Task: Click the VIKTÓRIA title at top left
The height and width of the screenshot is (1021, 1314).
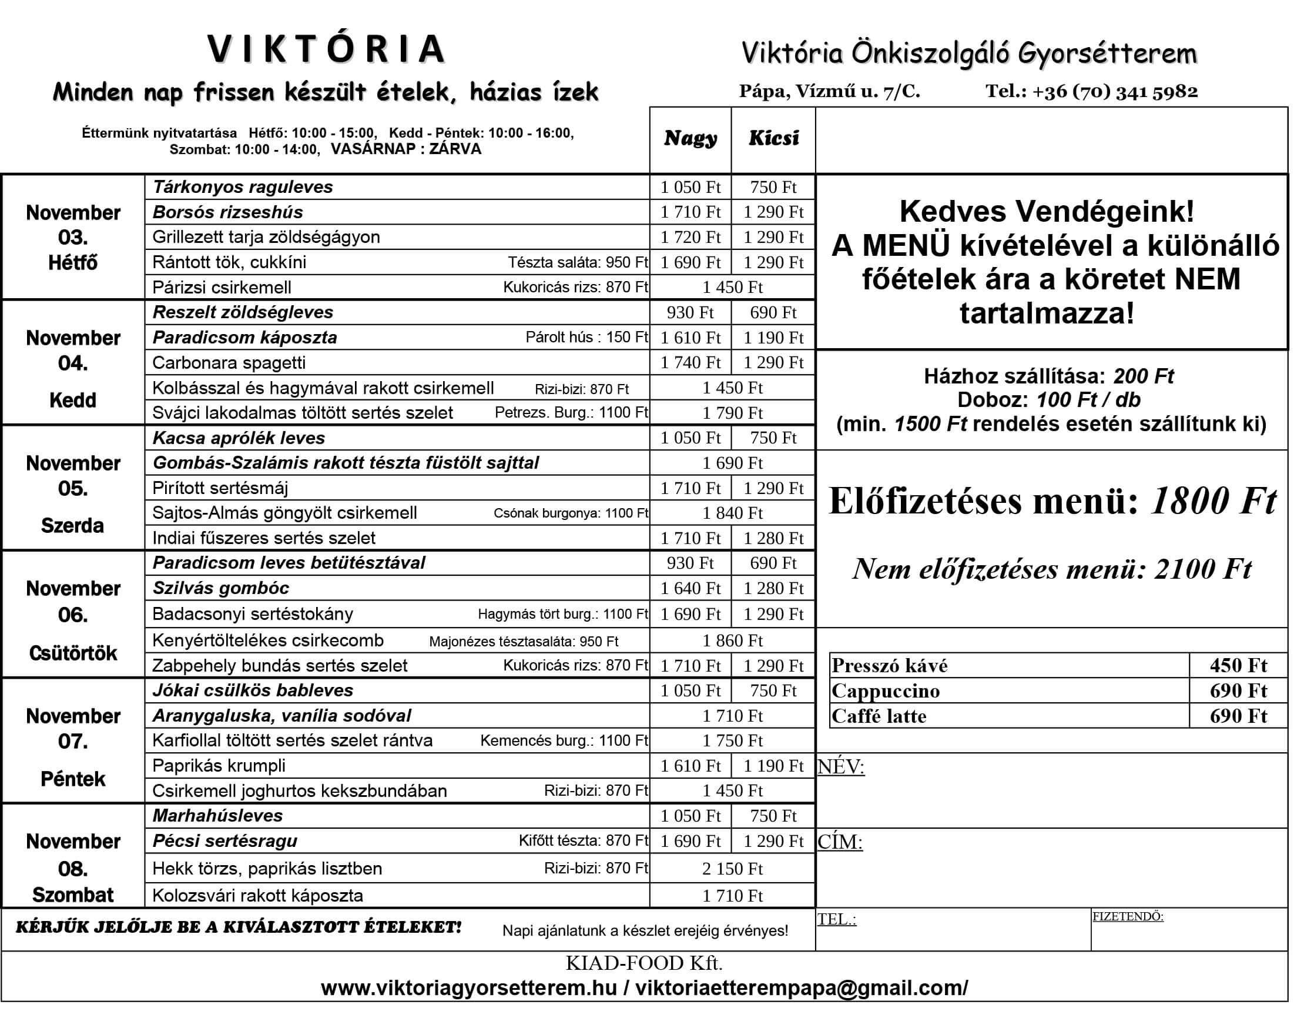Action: pyautogui.click(x=326, y=49)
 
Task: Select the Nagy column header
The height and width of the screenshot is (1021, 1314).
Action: pyautogui.click(x=690, y=138)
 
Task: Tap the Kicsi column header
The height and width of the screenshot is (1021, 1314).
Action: pyautogui.click(x=773, y=138)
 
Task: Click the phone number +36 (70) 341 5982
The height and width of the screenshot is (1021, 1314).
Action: pyautogui.click(x=1115, y=92)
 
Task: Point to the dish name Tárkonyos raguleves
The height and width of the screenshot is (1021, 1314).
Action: pyautogui.click(x=243, y=187)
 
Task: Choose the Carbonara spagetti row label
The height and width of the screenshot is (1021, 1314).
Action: pyautogui.click(x=229, y=363)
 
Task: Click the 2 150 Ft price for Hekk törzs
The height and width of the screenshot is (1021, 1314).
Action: pyautogui.click(x=732, y=869)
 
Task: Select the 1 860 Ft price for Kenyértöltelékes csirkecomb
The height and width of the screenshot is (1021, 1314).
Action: pyautogui.click(x=732, y=640)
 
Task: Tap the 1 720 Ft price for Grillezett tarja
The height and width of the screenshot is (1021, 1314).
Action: pyautogui.click(x=690, y=237)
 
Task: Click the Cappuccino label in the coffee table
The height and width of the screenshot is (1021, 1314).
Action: pyautogui.click(x=886, y=691)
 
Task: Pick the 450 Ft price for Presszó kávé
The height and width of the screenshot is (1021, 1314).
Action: pyautogui.click(x=1238, y=666)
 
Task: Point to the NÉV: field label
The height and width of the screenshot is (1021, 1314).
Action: pyautogui.click(x=840, y=767)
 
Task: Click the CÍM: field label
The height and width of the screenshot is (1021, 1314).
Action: pyautogui.click(x=840, y=842)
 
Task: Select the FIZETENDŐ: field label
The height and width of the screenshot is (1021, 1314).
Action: pyautogui.click(x=1128, y=917)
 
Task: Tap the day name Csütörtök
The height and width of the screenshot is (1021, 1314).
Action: pyautogui.click(x=73, y=653)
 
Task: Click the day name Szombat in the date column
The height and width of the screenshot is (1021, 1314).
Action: pyautogui.click(x=73, y=895)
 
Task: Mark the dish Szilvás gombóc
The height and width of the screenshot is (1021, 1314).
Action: pyautogui.click(x=221, y=588)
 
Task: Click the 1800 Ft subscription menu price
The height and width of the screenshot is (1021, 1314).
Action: pyautogui.click(x=1213, y=501)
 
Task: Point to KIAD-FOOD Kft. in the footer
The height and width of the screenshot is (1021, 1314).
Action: pyautogui.click(x=643, y=964)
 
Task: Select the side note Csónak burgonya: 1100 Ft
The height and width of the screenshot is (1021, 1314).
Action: pyautogui.click(x=571, y=513)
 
